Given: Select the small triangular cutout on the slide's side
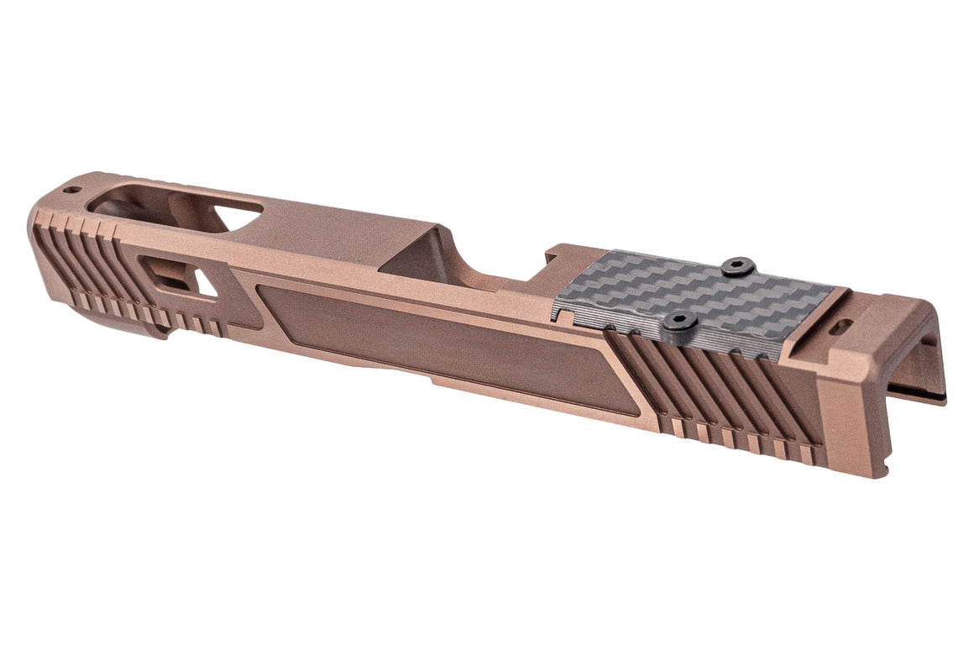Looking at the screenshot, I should tap(204, 283).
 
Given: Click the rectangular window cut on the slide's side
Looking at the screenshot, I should tap(165, 274).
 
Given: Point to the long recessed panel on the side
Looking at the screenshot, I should tap(437, 340).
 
